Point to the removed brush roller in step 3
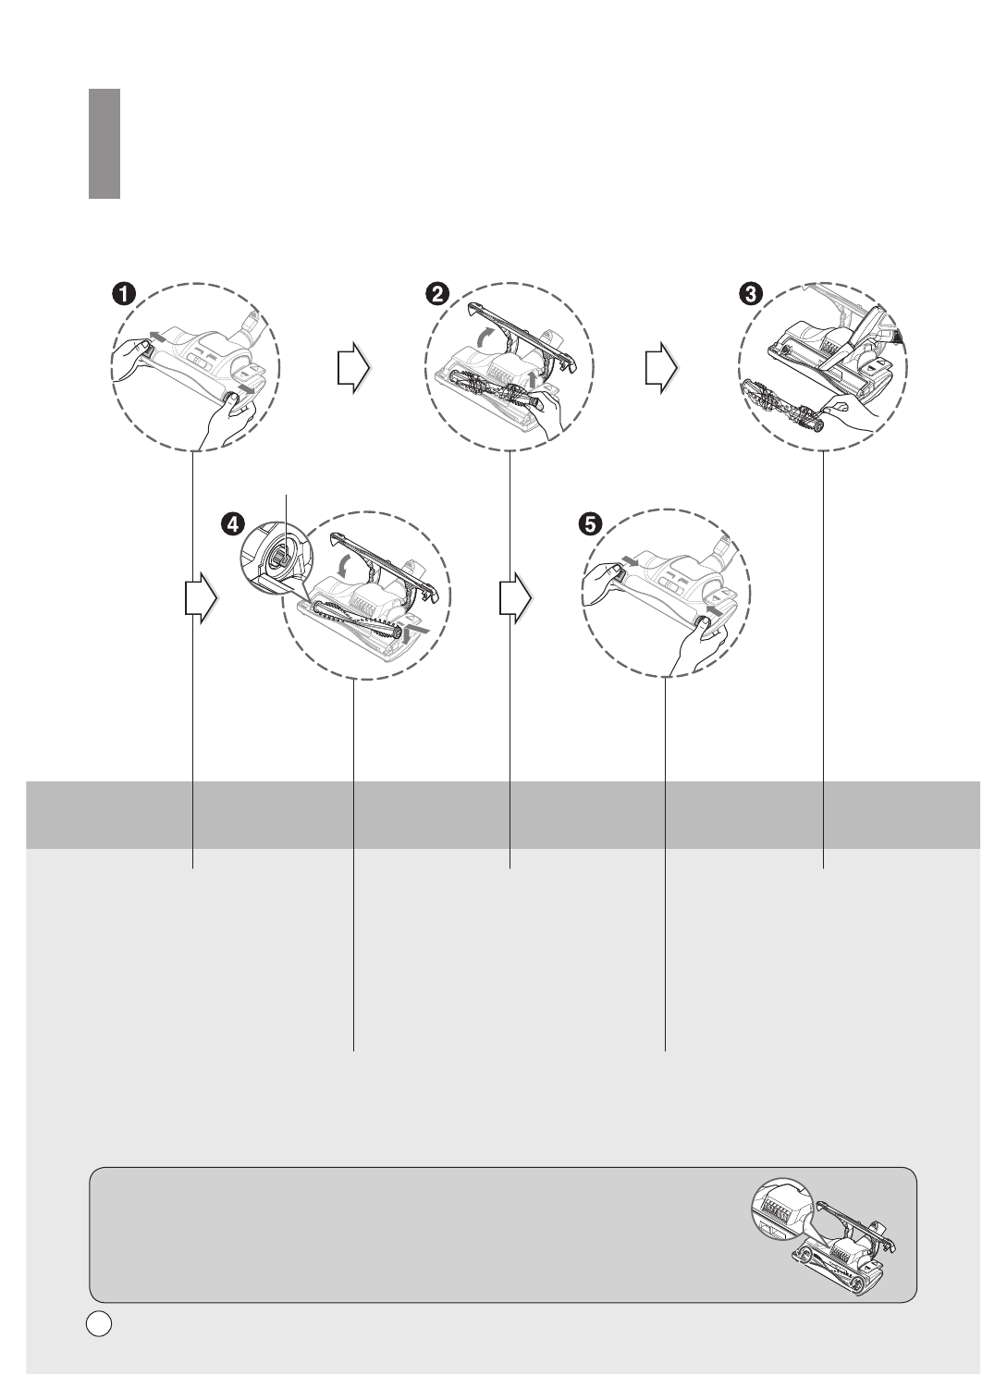point(780,408)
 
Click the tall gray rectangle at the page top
point(104,143)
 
